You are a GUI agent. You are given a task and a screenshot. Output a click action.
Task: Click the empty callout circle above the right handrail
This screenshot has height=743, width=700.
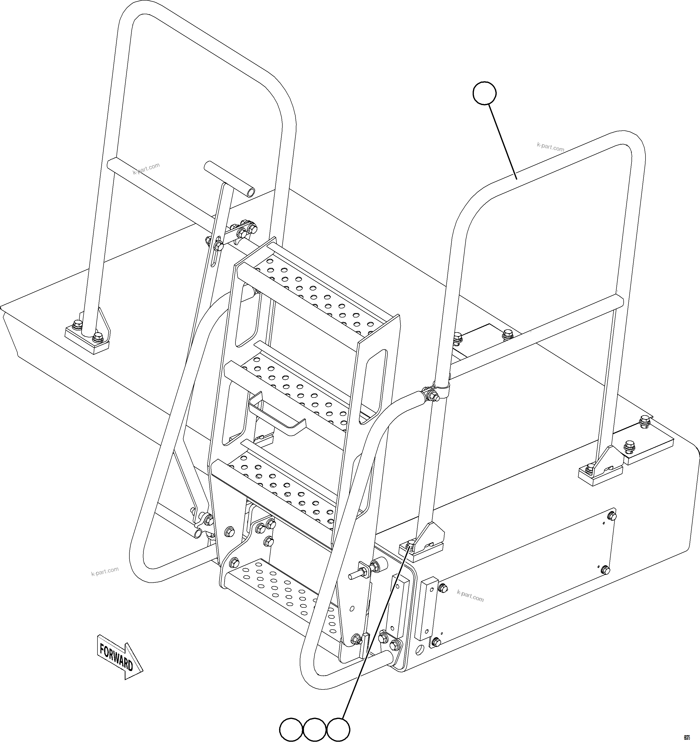click(484, 94)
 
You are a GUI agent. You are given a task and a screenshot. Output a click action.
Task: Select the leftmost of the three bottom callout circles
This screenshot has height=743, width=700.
click(291, 729)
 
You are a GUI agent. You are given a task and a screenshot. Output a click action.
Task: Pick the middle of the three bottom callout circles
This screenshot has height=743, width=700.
click(315, 729)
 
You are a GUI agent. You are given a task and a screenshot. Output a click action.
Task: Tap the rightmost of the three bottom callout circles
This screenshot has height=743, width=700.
click(339, 729)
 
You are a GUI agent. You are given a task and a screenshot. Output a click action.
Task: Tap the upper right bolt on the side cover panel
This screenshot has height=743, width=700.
click(612, 516)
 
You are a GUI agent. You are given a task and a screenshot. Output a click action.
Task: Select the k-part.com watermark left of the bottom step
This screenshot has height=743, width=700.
click(105, 571)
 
